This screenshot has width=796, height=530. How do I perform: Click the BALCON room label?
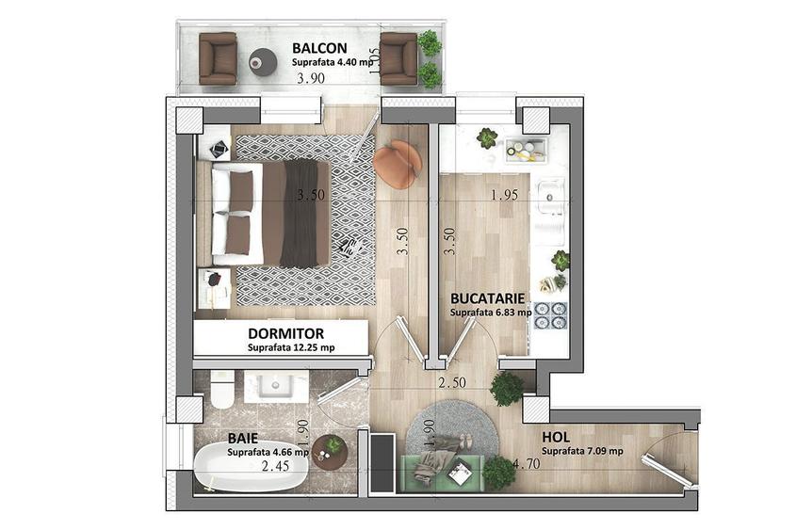pyautogui.click(x=319, y=48)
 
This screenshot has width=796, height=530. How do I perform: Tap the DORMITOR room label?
pyautogui.click(x=285, y=334)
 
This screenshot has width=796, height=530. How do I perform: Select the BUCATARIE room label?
pyautogui.click(x=487, y=298)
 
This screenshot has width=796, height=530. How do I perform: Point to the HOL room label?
pyautogui.click(x=556, y=437)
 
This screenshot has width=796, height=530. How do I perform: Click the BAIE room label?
pyautogui.click(x=243, y=438)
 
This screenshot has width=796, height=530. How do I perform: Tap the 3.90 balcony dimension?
pyautogui.click(x=311, y=78)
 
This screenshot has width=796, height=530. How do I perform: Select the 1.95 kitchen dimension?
pyautogui.click(x=504, y=195)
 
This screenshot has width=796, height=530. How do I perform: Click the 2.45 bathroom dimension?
pyautogui.click(x=275, y=465)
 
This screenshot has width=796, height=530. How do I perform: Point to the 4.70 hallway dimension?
pyautogui.click(x=527, y=463)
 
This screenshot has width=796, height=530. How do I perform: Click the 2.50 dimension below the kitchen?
pyautogui.click(x=452, y=382)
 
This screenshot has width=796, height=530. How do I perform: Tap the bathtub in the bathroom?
pyautogui.click(x=250, y=467)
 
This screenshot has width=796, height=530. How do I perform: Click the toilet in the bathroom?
pyautogui.click(x=222, y=389)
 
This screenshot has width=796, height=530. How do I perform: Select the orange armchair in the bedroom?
pyautogui.click(x=397, y=163)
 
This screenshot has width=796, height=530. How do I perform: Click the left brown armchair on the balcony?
pyautogui.click(x=218, y=58)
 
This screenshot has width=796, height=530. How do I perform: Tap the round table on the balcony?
pyautogui.click(x=263, y=62)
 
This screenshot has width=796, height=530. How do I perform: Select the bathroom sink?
pyautogui.click(x=276, y=386)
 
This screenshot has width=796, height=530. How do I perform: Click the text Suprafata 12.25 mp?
pyautogui.click(x=291, y=348)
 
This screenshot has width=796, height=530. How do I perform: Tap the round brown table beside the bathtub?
pyautogui.click(x=330, y=451)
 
